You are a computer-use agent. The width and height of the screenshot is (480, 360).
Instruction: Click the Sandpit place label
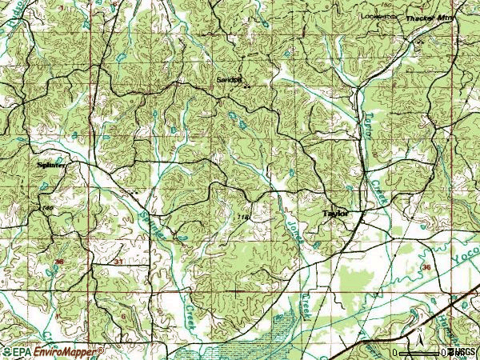(228, 80)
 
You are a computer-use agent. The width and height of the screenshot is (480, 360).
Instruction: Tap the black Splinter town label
(51, 165)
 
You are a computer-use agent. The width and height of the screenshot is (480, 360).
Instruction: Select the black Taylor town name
(337, 214)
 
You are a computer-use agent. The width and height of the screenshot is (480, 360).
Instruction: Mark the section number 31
(119, 262)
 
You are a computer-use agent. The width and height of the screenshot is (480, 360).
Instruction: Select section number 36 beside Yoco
(426, 267)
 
